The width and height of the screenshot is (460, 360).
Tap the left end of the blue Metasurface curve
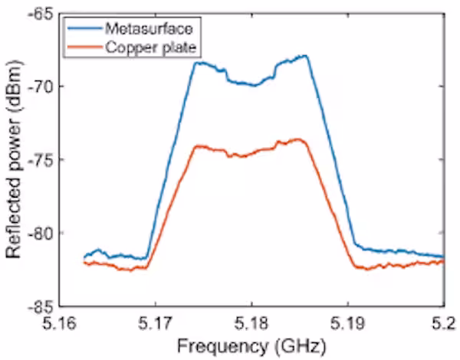coord(84,257)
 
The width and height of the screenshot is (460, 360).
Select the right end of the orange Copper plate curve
coord(443,261)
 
